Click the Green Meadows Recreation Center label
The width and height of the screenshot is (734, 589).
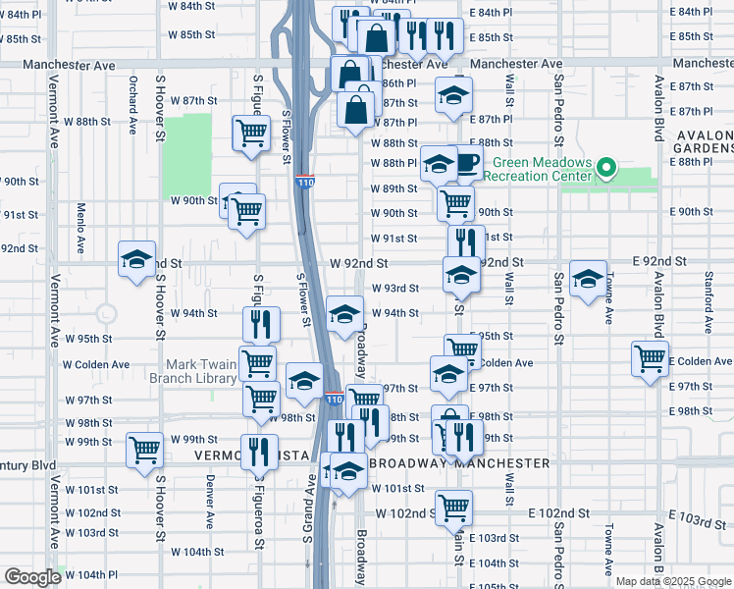pos(543,170)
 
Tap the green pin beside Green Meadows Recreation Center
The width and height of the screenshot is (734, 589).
pos(606,169)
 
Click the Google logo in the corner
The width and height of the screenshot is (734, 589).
pos(31,577)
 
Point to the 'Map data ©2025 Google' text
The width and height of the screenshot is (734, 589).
pos(672,581)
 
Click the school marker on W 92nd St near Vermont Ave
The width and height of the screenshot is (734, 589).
pos(136,260)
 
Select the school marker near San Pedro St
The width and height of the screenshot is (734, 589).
pos(588,280)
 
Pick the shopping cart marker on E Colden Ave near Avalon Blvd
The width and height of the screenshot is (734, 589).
pos(650,358)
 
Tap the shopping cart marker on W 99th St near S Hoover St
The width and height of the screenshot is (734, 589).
pos(145,450)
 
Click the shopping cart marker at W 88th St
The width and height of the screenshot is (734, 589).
pos(251,133)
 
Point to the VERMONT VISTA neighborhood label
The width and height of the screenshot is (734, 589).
pos(252,456)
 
